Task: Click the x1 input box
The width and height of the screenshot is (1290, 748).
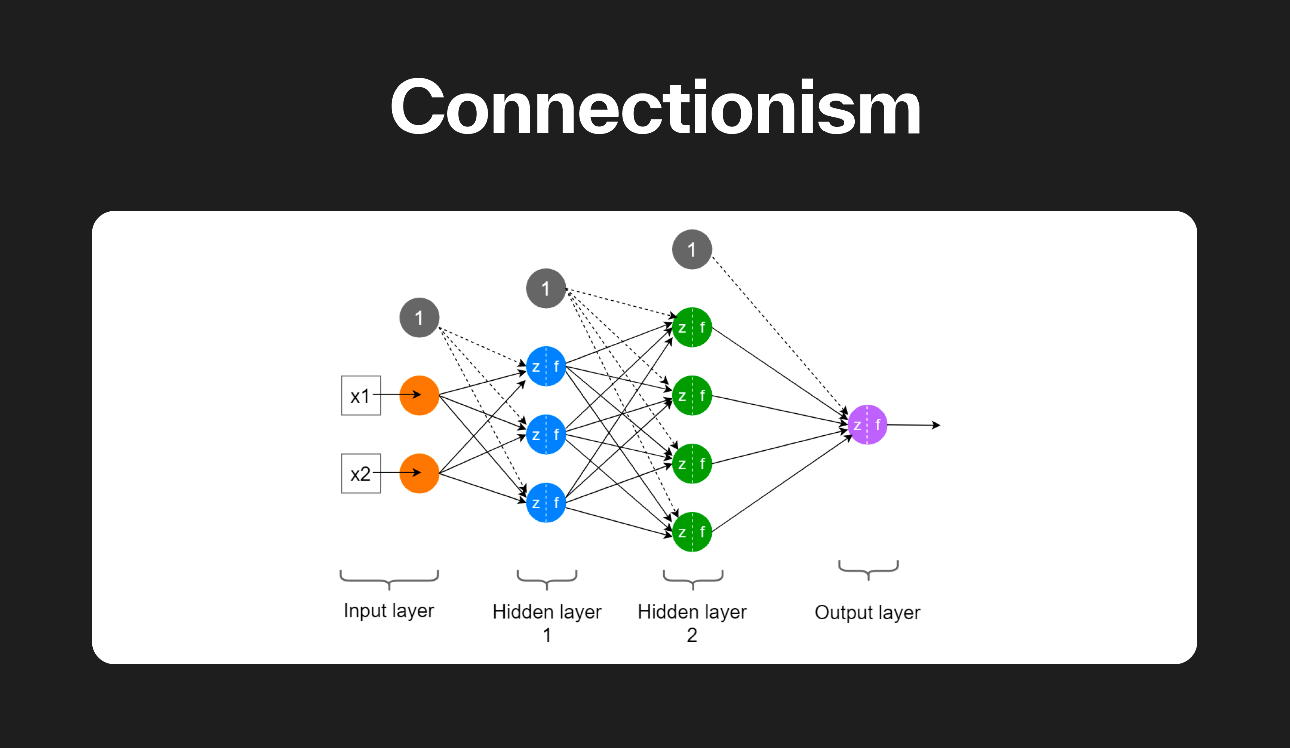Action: pos(360,395)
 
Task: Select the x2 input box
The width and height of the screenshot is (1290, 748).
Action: pos(360,473)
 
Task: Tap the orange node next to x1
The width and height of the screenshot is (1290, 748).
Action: pos(419,395)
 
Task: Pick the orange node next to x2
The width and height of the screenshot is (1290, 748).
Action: pos(419,473)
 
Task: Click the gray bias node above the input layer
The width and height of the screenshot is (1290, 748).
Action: pos(419,318)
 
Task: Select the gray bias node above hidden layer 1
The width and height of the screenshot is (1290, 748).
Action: pos(546,288)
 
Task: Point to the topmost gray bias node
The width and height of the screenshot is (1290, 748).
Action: pos(692,249)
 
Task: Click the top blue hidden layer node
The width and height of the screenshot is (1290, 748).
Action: pos(546,366)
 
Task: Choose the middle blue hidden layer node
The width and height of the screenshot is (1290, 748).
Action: pos(546,434)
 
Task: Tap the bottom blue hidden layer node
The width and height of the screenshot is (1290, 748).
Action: pos(546,502)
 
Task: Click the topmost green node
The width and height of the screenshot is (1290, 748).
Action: pos(692,327)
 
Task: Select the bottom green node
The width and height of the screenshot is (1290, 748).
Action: pos(692,531)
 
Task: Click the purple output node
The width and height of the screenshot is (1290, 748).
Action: pos(867,424)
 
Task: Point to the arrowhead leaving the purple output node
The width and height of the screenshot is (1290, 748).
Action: pos(937,425)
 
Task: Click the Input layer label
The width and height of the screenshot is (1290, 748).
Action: pos(388,610)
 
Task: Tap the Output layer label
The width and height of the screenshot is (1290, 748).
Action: pos(867,612)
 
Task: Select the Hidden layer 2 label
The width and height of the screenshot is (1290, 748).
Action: pos(692,622)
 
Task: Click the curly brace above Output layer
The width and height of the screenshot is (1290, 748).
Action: pos(868,569)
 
